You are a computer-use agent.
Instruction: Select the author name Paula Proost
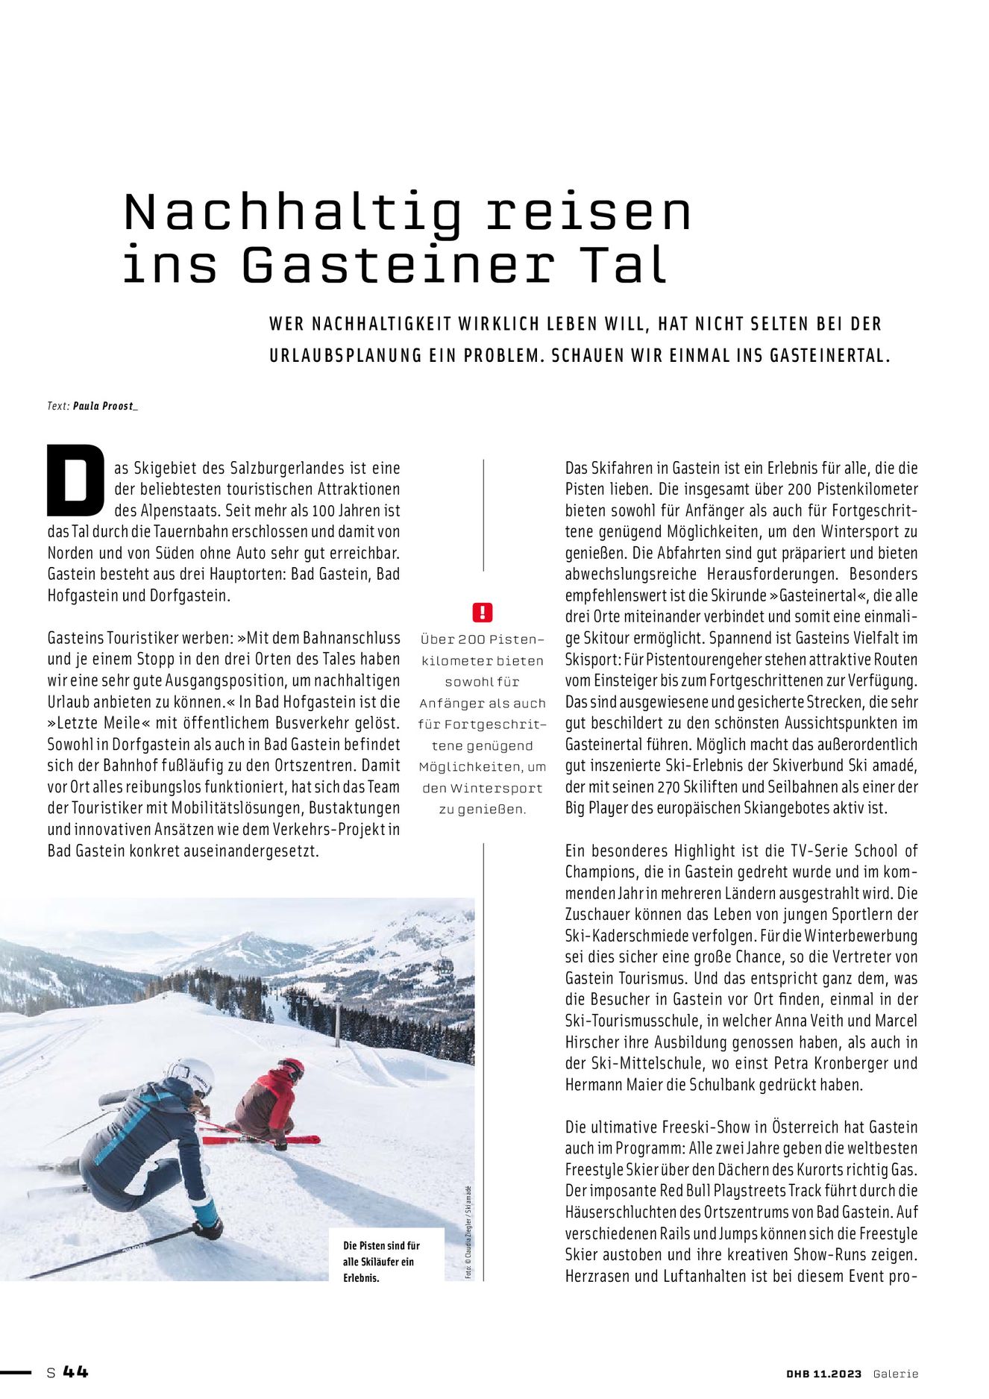coord(105,406)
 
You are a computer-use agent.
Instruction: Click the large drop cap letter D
coord(75,481)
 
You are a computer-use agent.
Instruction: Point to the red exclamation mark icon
coord(483,613)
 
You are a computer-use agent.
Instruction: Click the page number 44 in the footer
coord(75,1371)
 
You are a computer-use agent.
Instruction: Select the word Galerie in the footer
coord(896,1374)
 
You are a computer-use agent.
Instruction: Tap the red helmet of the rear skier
coord(292,1068)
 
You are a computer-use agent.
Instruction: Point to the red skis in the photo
coord(261,1139)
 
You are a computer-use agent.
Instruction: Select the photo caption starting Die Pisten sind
coord(381,1261)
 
